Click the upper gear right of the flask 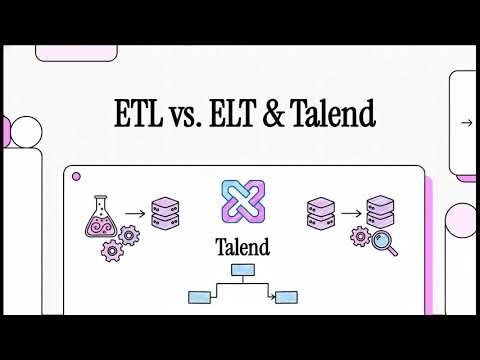click(x=128, y=236)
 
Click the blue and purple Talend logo click(x=239, y=199)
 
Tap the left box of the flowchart click(x=198, y=296)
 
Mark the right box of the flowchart click(x=288, y=296)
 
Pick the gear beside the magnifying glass click(x=360, y=237)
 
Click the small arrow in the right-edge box click(x=466, y=124)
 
